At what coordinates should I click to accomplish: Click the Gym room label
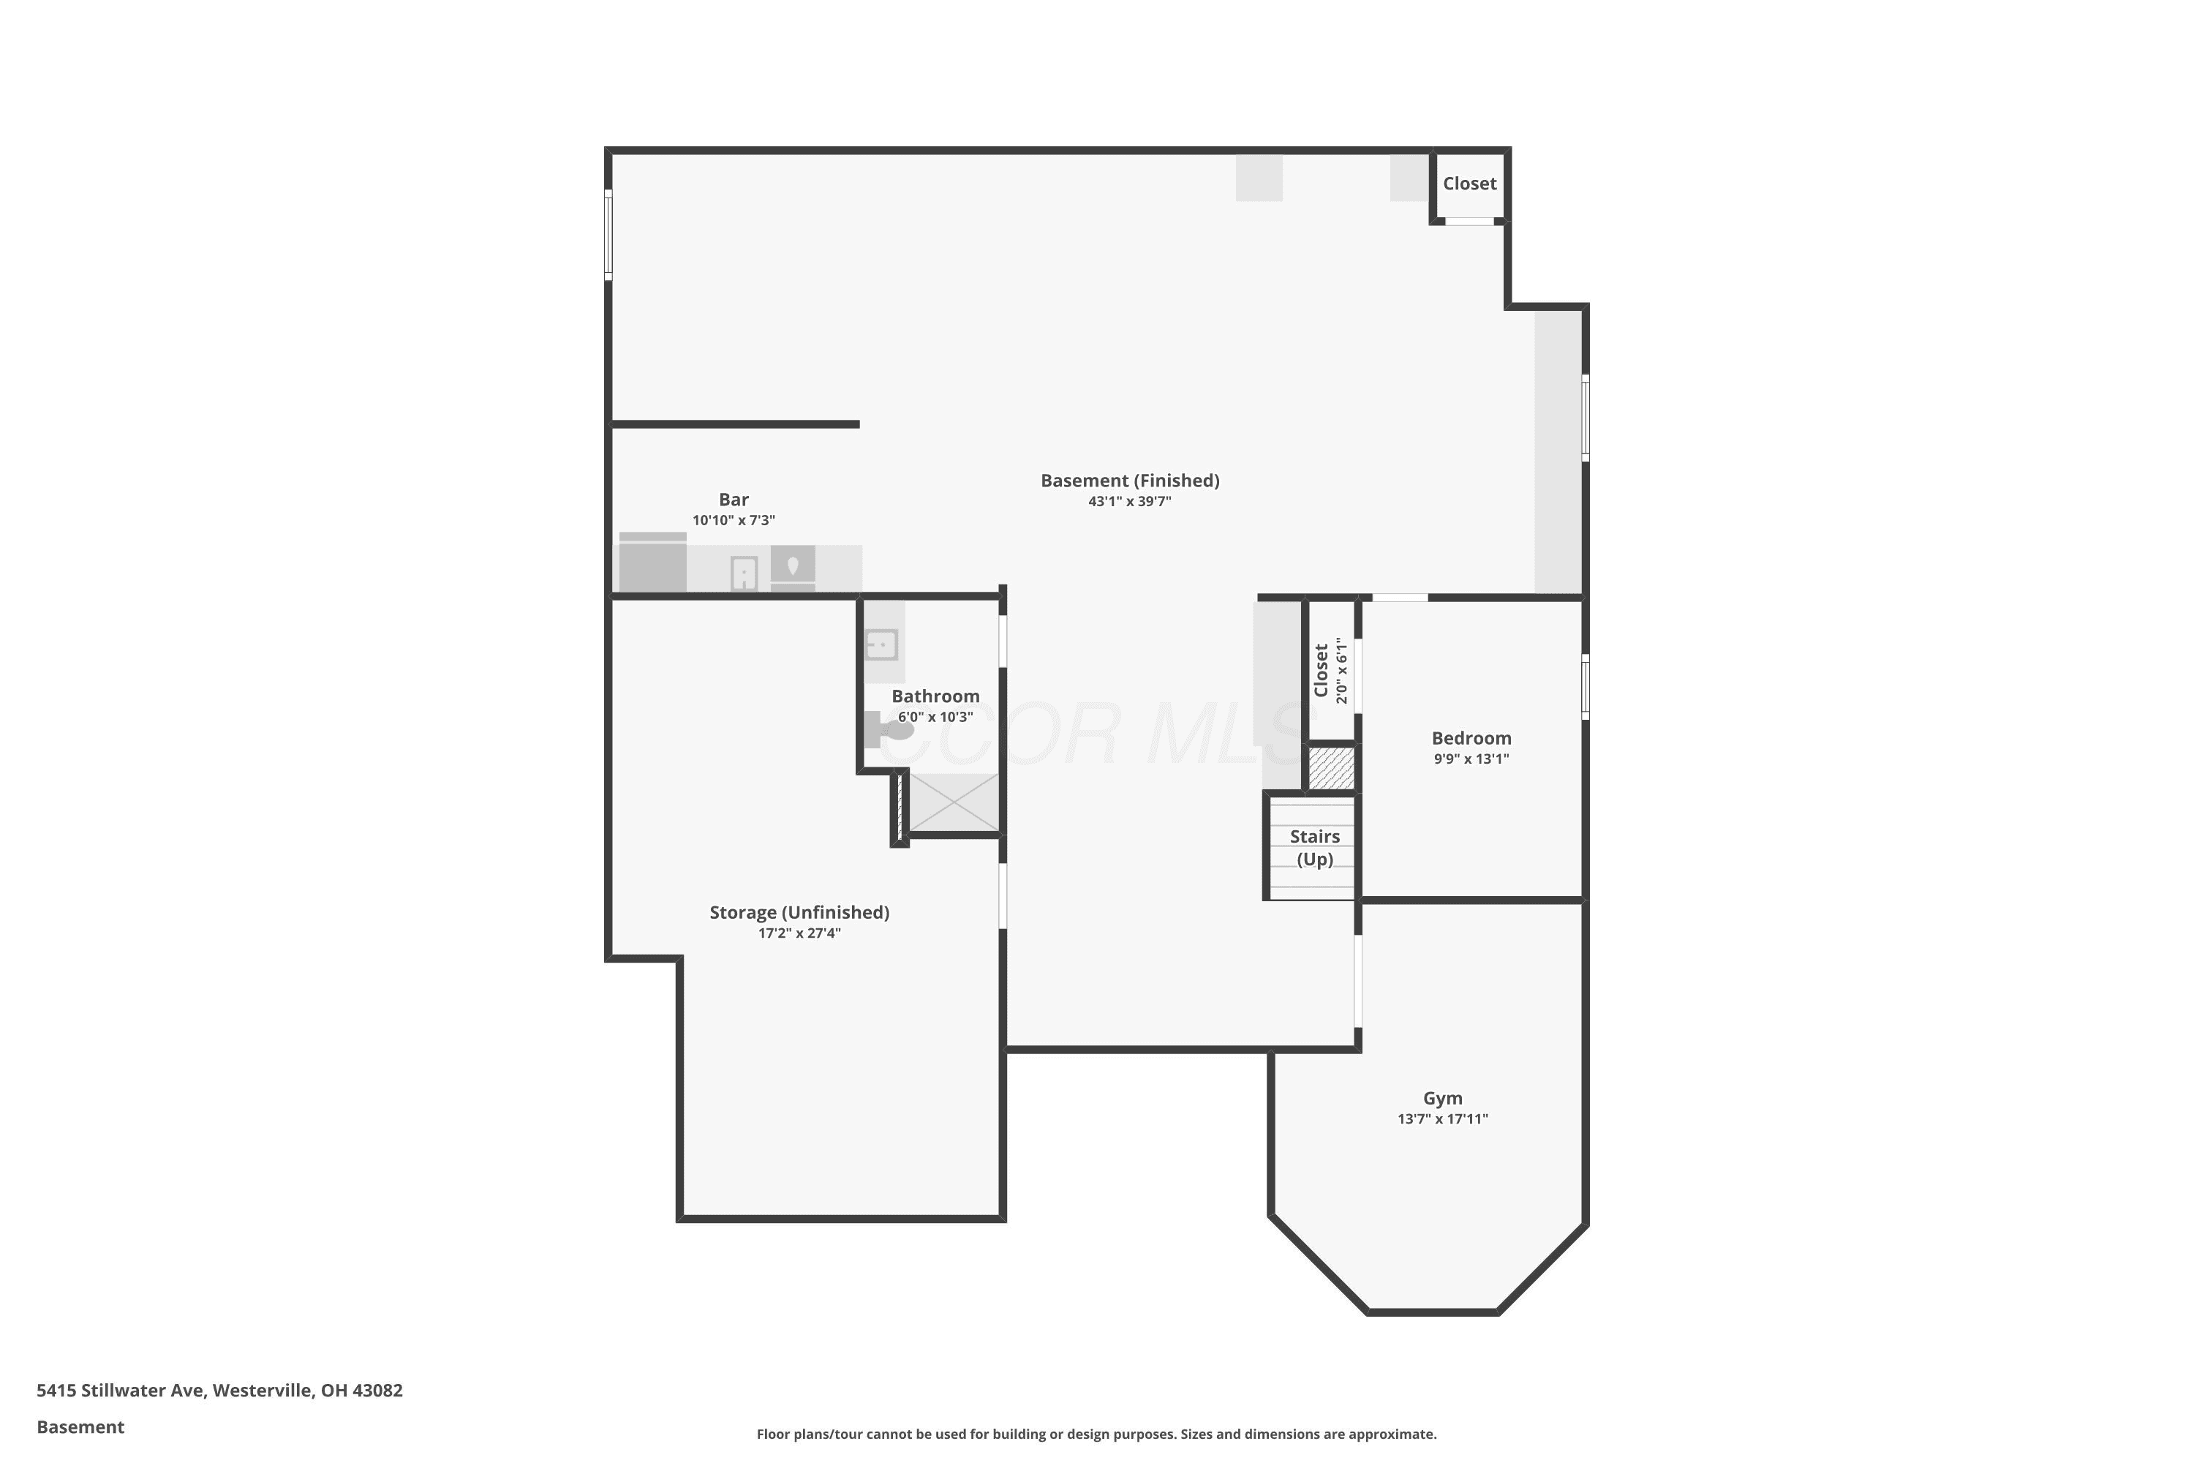point(1442,1098)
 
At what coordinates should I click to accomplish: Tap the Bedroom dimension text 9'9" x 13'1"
point(1471,759)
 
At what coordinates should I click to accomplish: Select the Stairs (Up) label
point(1314,847)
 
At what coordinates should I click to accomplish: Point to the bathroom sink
point(881,644)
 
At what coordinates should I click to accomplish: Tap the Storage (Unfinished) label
point(799,912)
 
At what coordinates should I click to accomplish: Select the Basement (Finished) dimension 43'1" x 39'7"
point(1130,501)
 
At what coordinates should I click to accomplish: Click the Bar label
point(734,499)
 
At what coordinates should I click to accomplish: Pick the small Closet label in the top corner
point(1469,184)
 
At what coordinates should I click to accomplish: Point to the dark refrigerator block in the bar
point(653,563)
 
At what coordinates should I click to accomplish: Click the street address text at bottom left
point(219,1391)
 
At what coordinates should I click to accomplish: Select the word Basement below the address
point(80,1426)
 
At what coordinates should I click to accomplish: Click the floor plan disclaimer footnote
point(1096,1434)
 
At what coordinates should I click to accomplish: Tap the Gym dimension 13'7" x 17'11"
point(1442,1118)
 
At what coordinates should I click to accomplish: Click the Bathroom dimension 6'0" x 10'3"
point(935,717)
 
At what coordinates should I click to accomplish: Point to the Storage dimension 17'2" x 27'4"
point(799,933)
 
